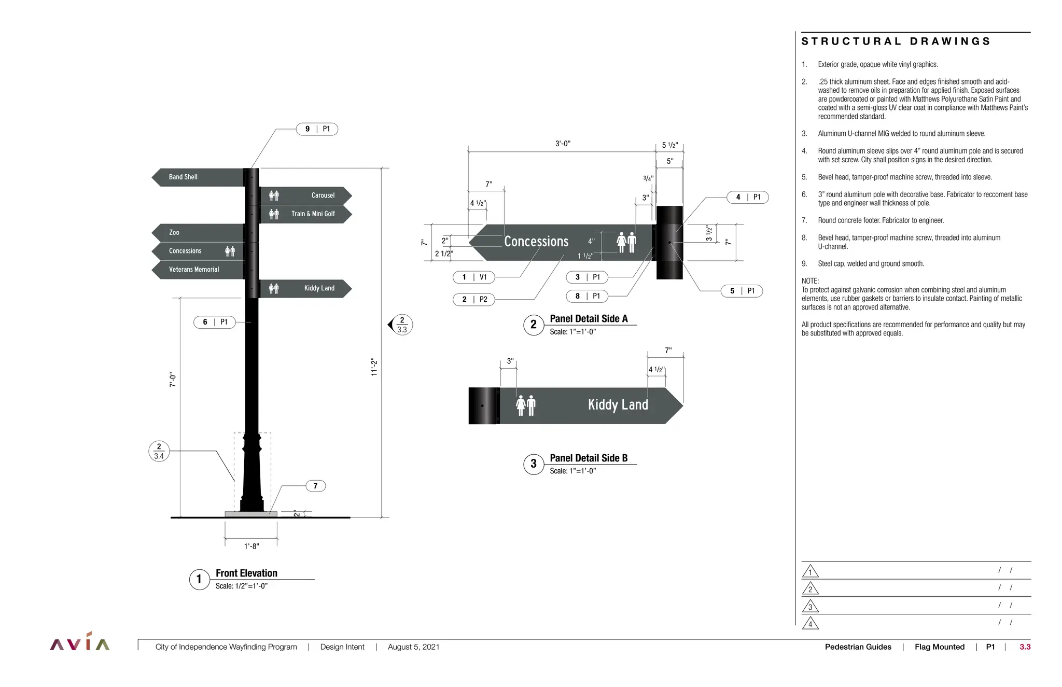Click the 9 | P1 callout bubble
click(x=317, y=129)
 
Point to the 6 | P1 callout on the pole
click(x=214, y=323)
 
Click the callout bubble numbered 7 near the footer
click(x=315, y=486)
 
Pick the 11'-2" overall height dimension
click(x=374, y=367)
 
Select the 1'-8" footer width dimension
click(x=251, y=546)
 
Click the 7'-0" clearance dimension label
click(x=173, y=380)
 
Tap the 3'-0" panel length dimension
click(x=563, y=144)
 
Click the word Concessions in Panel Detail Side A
click(x=536, y=242)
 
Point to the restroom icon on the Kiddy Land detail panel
click(x=525, y=405)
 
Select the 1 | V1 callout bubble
click(x=474, y=277)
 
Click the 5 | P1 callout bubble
click(x=742, y=291)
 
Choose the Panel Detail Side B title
click(x=589, y=458)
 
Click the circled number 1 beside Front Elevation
click(x=199, y=580)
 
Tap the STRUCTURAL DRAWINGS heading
click(x=896, y=41)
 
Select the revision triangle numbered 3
click(x=810, y=607)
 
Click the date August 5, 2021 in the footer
click(x=413, y=647)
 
